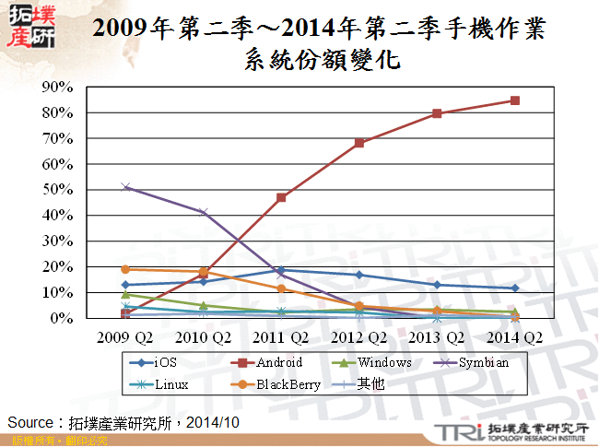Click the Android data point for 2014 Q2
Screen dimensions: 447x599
coord(514,100)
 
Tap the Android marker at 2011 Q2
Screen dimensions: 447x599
coord(281,197)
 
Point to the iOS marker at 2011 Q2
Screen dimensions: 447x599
coord(281,270)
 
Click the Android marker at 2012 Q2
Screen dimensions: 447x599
coord(359,143)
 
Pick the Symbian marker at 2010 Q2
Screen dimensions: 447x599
coord(204,212)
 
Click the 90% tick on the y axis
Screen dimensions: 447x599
coord(58,88)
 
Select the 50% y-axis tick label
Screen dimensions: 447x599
coord(58,190)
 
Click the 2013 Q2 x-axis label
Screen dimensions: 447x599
coord(437,336)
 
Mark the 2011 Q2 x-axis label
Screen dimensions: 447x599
coord(281,336)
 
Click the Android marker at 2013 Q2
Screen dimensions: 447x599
coord(437,113)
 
